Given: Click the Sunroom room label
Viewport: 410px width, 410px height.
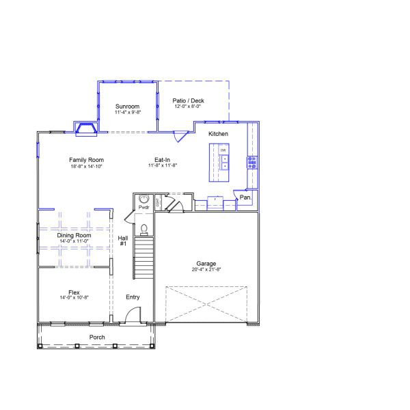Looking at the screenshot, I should (127, 106).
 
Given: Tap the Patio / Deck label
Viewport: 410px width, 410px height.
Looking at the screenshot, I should (188, 100).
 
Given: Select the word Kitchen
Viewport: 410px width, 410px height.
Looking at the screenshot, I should (218, 133).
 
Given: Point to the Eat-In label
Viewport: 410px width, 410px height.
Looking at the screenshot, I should (163, 160).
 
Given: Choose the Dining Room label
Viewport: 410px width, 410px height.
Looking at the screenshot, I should (74, 235).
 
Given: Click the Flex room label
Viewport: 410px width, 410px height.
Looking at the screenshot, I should (74, 292).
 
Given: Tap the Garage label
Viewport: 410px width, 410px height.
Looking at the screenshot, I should (206, 263).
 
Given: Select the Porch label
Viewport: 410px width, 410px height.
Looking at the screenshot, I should (97, 338).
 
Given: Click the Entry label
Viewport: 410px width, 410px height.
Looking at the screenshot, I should (133, 297).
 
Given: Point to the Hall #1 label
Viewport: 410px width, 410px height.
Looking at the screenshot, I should (123, 241).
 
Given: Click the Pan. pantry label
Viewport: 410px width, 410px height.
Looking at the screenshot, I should (245, 197).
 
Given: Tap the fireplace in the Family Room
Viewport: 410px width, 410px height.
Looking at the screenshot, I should (86, 128).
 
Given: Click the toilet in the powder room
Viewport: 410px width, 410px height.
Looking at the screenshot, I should (143, 228).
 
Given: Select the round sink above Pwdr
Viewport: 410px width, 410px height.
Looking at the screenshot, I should (143, 199).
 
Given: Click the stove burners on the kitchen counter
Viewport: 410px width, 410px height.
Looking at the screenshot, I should (251, 162).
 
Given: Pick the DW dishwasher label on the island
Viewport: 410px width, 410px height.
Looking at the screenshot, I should (223, 149).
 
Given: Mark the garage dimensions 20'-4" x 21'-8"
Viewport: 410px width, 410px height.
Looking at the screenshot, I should (206, 269).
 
